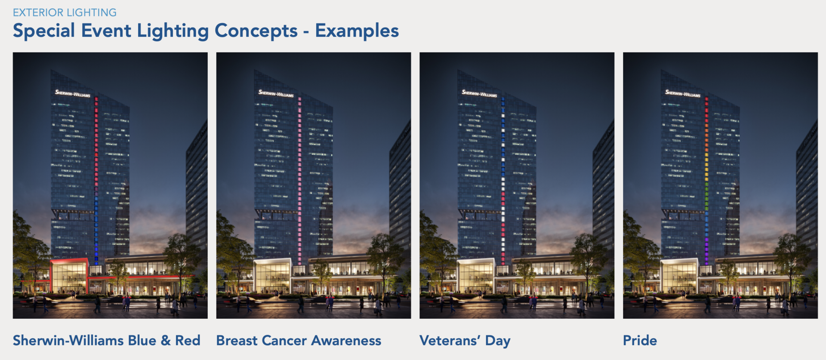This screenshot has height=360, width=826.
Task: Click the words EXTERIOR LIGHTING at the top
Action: pos(65,12)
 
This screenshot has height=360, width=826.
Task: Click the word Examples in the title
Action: pos(357,31)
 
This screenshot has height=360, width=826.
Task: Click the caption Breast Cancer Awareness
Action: pos(299,340)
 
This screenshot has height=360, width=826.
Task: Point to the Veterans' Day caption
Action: pos(465,341)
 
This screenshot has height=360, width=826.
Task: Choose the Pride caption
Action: pos(640,340)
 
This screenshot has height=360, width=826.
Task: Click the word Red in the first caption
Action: pos(188,340)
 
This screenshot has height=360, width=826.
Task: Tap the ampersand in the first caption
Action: pos(166,341)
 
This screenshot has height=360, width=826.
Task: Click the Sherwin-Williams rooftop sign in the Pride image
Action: pos(683,93)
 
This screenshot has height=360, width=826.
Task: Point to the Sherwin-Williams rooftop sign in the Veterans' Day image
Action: pos(479,93)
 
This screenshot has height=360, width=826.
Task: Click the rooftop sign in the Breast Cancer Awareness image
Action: pos(276,93)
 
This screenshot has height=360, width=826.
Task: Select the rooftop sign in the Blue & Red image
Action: pos(73,93)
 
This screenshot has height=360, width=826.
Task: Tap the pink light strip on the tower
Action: pos(300,181)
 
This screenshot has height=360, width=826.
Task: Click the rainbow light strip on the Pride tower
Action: pos(706,181)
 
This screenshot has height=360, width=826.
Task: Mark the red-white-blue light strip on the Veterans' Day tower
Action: pos(503,181)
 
